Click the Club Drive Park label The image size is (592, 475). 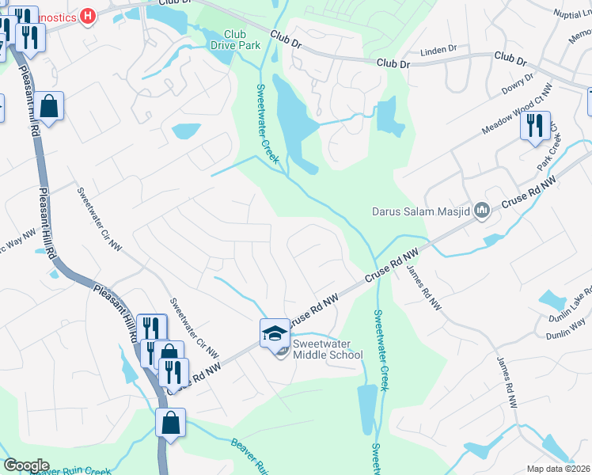235,40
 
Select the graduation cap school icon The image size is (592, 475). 275,332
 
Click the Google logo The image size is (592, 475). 26,465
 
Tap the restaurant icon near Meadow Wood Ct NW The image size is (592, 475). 535,126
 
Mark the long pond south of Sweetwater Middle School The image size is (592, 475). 367,408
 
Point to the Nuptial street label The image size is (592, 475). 572,14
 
